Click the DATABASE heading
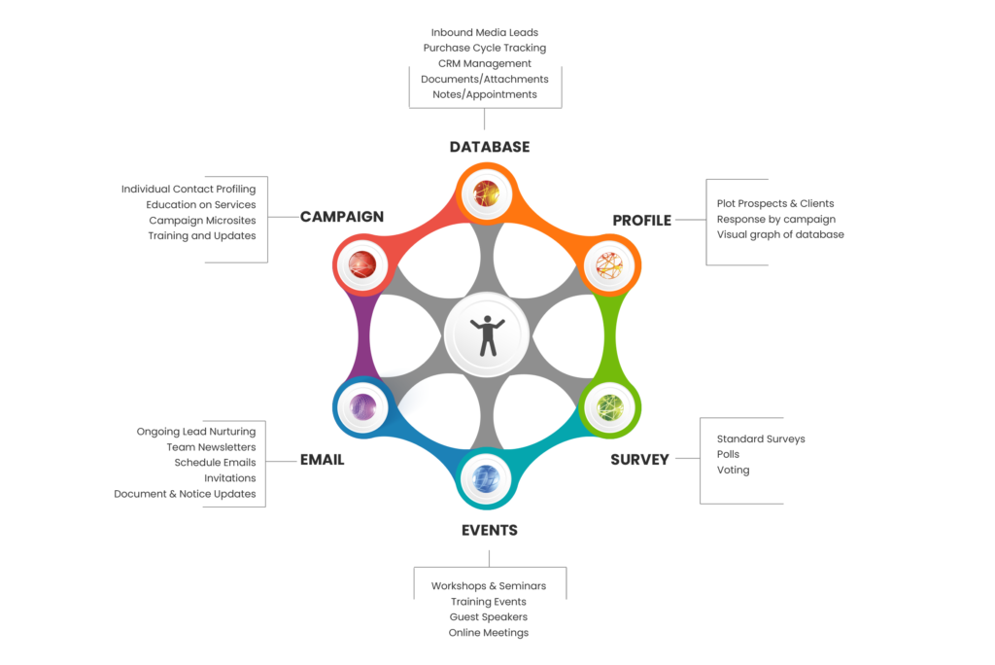(x=489, y=147)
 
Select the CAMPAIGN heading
(x=341, y=217)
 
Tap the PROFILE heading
(x=641, y=221)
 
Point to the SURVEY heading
(x=639, y=460)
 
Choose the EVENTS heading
(x=489, y=531)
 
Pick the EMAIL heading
(x=322, y=460)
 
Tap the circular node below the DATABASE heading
(x=485, y=194)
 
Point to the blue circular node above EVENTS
(x=485, y=477)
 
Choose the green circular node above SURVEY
(x=609, y=407)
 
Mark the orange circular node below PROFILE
(x=609, y=262)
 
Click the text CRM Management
(x=484, y=63)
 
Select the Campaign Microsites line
(x=202, y=221)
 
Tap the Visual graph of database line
(x=780, y=234)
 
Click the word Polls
(x=728, y=454)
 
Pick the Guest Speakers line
(x=488, y=617)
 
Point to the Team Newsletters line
(x=211, y=447)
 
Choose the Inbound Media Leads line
(x=484, y=32)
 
